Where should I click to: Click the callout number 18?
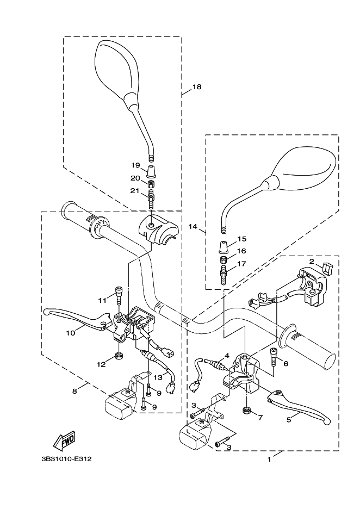coord(197,87)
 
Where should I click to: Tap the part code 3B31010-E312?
coord(66,458)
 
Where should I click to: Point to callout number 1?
coord(269,458)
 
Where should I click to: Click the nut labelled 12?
coord(118,357)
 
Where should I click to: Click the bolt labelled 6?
coord(273,358)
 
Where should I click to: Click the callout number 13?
coord(158,377)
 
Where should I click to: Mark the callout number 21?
coord(135,190)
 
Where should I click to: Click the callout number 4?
coord(227,356)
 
